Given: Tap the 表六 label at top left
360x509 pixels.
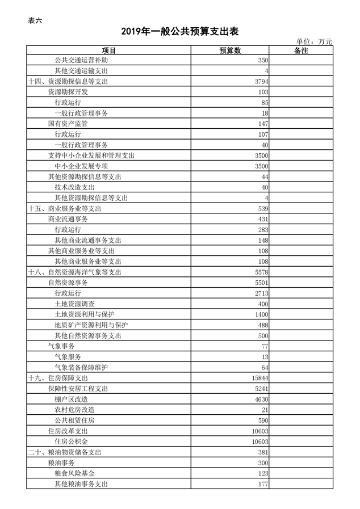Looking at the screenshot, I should pyautogui.click(x=35, y=21).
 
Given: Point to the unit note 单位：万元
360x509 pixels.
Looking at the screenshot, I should pyautogui.click(x=314, y=41).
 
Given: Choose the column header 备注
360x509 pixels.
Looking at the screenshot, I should pyautogui.click(x=301, y=51).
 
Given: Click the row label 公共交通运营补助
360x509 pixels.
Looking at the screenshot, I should pyautogui.click(x=81, y=60).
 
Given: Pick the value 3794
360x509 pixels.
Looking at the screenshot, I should pyautogui.click(x=262, y=82).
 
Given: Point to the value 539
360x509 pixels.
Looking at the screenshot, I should pyautogui.click(x=263, y=209).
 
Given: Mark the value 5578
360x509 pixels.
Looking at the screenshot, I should pyautogui.click(x=262, y=272).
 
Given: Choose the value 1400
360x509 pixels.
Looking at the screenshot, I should pyautogui.click(x=262, y=314).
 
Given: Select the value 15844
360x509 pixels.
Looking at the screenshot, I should pyautogui.click(x=260, y=378).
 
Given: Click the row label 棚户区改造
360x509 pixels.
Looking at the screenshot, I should pyautogui.click(x=71, y=399).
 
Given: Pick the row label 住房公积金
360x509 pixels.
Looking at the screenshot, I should pyautogui.click(x=71, y=441).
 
